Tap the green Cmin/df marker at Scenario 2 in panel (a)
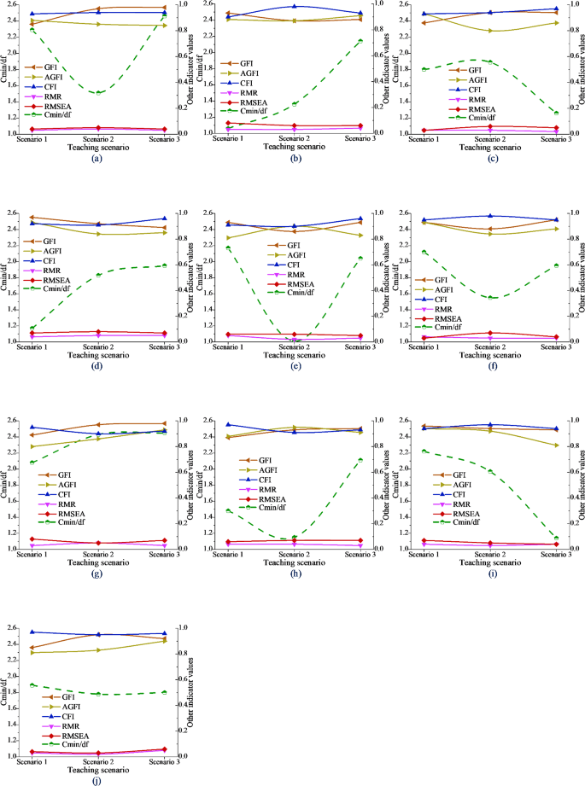[x=97, y=92]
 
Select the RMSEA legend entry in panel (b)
[x=252, y=102]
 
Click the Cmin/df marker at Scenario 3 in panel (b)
[x=360, y=41]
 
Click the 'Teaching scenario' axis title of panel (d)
[x=97, y=354]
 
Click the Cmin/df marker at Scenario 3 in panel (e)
[x=360, y=258]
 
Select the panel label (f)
[x=488, y=366]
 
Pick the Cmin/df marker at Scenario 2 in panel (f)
[x=488, y=297]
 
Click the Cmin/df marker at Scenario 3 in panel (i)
[x=554, y=538]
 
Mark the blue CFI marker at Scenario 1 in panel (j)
[x=32, y=632]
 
